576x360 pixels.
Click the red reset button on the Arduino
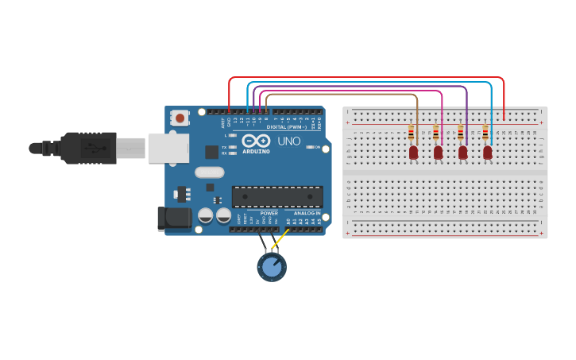point(180,118)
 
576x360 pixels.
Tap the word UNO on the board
point(288,141)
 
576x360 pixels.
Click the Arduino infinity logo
point(257,141)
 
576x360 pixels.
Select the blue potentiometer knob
point(272,267)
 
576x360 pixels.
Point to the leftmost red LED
point(413,152)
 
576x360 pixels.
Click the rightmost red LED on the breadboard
point(487,152)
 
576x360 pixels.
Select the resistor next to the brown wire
point(411,133)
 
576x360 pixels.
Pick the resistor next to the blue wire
point(485,133)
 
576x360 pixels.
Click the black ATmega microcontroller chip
point(277,196)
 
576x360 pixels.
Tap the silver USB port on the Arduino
point(168,148)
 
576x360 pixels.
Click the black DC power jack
point(174,219)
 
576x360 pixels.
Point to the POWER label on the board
point(269,213)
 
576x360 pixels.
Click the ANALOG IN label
point(307,213)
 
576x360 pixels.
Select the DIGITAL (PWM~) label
point(288,126)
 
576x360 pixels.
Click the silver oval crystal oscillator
point(210,172)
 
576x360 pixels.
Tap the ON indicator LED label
point(316,147)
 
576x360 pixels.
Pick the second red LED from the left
point(438,152)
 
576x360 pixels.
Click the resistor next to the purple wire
point(461,133)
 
